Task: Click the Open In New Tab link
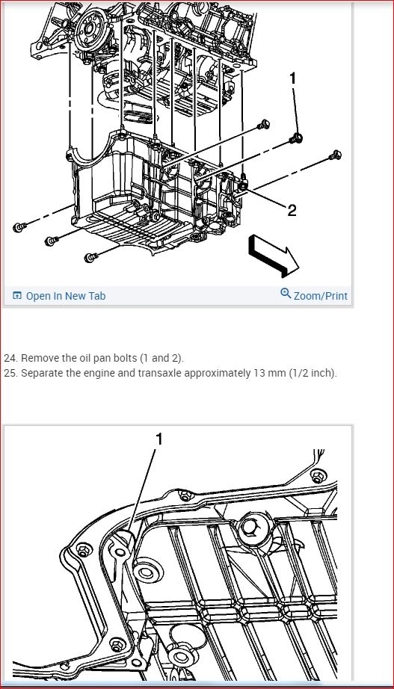click(x=66, y=296)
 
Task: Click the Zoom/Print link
click(x=321, y=296)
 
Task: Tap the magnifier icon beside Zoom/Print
click(x=286, y=293)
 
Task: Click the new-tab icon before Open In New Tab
click(x=17, y=296)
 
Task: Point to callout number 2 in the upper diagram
click(x=292, y=211)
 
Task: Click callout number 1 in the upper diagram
click(x=293, y=78)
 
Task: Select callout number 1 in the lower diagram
click(x=159, y=439)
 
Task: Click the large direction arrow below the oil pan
click(x=274, y=256)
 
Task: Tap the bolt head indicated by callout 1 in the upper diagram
click(x=296, y=139)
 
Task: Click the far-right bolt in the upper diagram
click(x=336, y=155)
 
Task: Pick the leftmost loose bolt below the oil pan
click(x=19, y=227)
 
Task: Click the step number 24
click(x=10, y=358)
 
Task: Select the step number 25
click(x=10, y=374)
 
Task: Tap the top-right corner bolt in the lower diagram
click(x=318, y=476)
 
